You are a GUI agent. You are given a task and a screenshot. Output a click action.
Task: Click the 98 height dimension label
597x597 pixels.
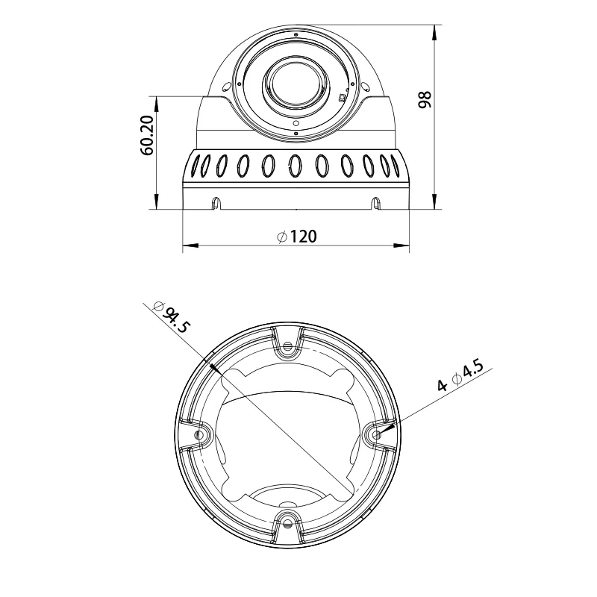425,99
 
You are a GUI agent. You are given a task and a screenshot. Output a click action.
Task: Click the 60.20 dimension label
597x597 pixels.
147,135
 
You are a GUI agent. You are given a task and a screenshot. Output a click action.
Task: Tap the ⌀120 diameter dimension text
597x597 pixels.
297,237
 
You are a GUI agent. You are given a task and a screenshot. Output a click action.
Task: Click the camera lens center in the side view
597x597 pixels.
296,84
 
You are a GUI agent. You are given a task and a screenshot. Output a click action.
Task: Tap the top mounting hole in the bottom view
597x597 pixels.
288,346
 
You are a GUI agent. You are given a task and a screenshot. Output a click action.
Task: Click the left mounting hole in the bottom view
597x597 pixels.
199,435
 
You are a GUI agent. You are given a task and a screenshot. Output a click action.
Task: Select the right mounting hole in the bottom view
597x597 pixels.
376,434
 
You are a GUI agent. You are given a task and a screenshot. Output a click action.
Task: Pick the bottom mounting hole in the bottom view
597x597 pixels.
288,524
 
